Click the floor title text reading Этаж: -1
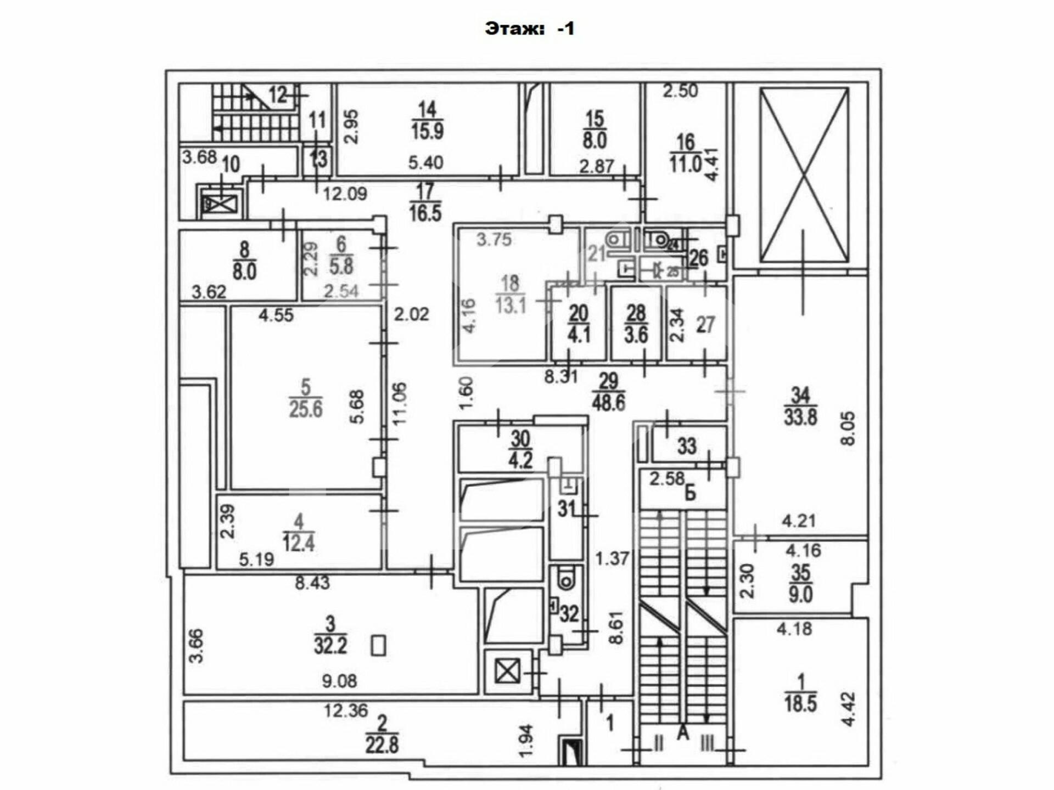click(x=529, y=29)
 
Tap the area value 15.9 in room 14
click(x=427, y=131)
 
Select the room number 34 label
click(x=800, y=395)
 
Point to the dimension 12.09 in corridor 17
click(x=345, y=194)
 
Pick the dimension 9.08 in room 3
click(x=339, y=681)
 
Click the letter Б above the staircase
click(x=690, y=493)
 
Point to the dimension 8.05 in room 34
click(x=848, y=429)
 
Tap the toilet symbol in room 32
click(x=564, y=578)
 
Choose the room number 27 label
click(x=705, y=325)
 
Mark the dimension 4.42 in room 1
click(x=849, y=709)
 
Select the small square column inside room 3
click(x=378, y=645)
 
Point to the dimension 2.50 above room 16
click(x=680, y=91)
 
